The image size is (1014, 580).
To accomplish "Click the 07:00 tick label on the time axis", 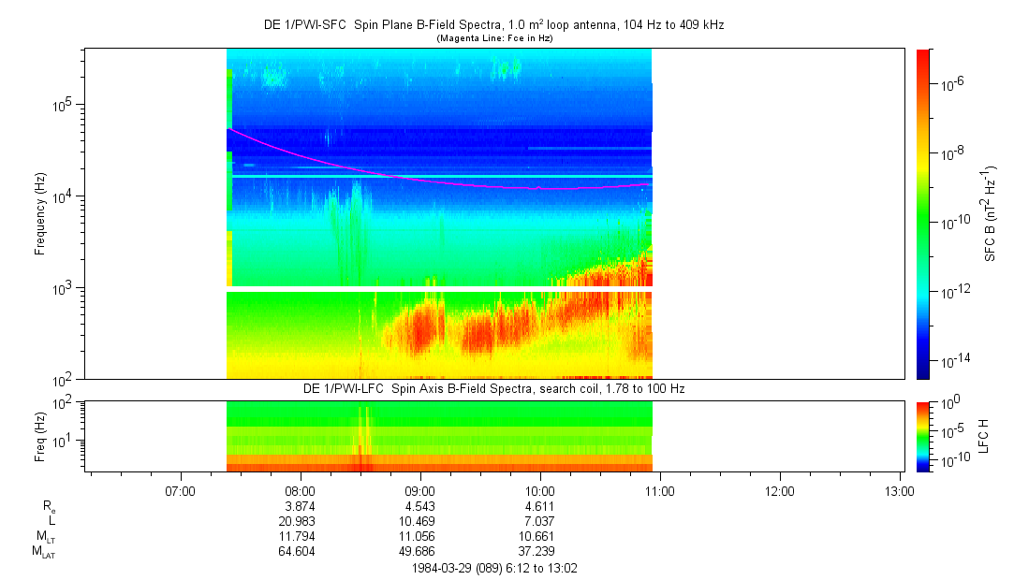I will pos(179,490).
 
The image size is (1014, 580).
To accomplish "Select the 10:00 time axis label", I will pos(540,490).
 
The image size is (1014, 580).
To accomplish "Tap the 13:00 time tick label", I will pos(900,490).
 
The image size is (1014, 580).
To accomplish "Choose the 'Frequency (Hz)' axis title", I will pos(40,214).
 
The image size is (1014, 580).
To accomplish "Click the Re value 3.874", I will pos(300,506).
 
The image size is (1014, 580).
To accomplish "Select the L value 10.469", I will pos(419,521).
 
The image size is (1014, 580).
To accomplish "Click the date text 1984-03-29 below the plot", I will pos(444,568).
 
